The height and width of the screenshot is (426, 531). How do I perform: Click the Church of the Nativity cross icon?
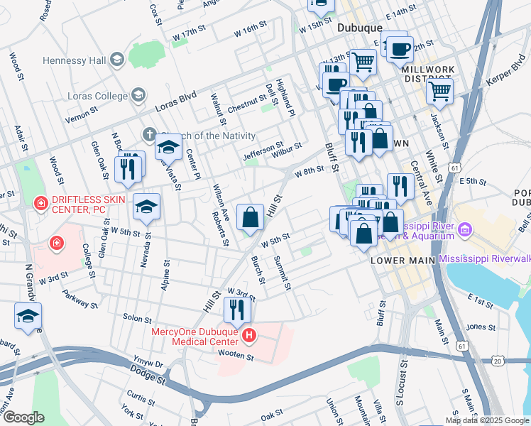pyautogui.click(x=149, y=133)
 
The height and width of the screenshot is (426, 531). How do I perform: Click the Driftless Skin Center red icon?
pyautogui.click(x=42, y=203)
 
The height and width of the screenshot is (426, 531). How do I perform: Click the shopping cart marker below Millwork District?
pyautogui.click(x=439, y=90)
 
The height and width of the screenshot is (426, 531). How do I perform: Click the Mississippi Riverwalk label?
pyautogui.click(x=485, y=259)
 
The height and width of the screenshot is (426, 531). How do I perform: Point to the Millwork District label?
pyautogui.click(x=427, y=74)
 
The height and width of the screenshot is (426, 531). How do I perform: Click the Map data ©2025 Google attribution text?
pyautogui.click(x=486, y=420)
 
